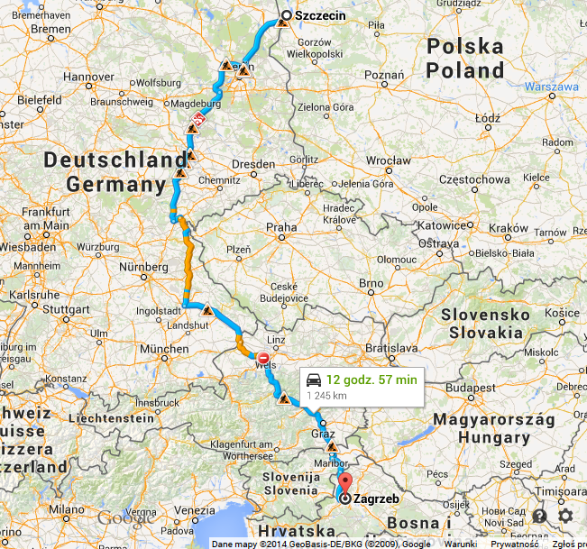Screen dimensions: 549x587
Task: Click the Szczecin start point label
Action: pos(320,16)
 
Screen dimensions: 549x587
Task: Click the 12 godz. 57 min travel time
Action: pos(371,380)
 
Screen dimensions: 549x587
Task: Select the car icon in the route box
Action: pos(314,380)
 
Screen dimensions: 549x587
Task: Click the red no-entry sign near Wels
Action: pos(263,357)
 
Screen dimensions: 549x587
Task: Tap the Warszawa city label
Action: pos(550,87)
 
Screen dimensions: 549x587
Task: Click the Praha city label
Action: pos(281,227)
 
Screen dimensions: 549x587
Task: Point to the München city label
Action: pos(164,348)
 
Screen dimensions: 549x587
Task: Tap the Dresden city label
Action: pos(252,165)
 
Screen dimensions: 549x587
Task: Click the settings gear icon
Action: pos(565,516)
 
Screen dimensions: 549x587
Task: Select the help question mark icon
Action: pos(539,516)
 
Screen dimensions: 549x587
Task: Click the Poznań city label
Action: pos(385,75)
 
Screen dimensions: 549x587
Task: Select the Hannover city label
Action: pos(87,77)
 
